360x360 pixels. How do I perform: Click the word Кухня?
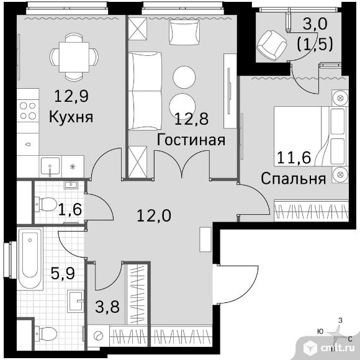click(x=71, y=117)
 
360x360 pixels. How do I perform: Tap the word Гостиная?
click(x=191, y=140)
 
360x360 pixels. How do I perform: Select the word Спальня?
click(x=294, y=179)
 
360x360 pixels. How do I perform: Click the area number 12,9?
click(x=71, y=96)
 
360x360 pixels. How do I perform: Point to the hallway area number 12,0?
click(x=154, y=215)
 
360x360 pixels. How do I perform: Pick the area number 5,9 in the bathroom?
click(x=63, y=273)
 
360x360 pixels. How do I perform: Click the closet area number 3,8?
click(x=107, y=307)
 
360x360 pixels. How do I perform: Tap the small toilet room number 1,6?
click(x=70, y=209)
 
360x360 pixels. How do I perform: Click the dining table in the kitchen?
click(x=74, y=57)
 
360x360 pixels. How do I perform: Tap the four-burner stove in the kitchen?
click(x=28, y=110)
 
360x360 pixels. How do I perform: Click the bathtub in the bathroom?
click(x=30, y=258)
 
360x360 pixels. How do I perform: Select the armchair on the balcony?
click(x=272, y=45)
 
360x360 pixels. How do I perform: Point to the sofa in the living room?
click(x=145, y=91)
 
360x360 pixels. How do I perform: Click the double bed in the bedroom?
click(x=310, y=136)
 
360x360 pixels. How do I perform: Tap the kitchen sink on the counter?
click(x=50, y=166)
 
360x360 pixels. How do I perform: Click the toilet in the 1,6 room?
click(x=46, y=204)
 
